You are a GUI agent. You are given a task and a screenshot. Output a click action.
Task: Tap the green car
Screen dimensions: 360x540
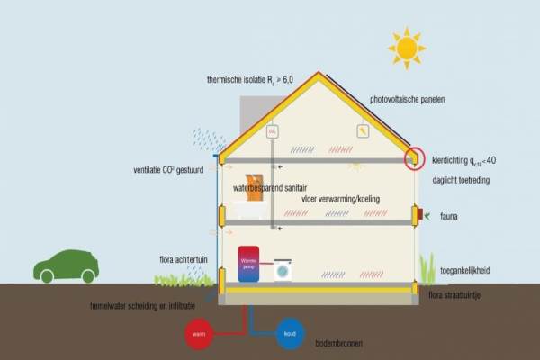point(68,266)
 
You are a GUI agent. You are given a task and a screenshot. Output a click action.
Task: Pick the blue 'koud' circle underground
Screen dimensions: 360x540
point(291,334)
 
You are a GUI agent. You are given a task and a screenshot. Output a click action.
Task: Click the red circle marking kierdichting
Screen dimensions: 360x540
point(415,158)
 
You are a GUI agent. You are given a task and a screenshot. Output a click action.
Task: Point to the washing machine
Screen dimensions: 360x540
point(283,269)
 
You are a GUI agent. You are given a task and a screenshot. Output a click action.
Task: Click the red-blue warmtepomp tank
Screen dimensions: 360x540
point(247,263)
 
